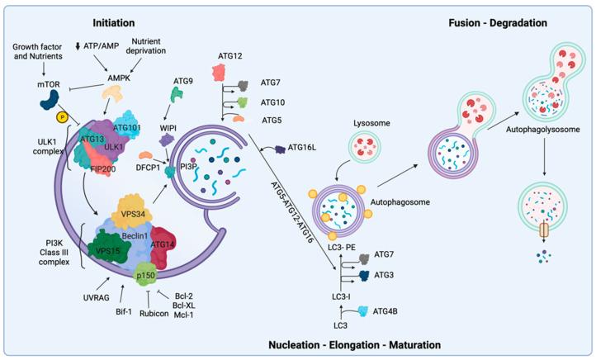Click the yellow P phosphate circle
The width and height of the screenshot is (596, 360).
(61, 116)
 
